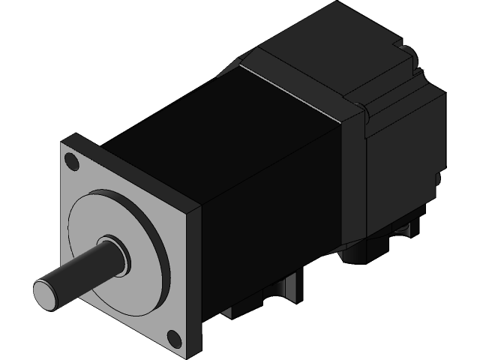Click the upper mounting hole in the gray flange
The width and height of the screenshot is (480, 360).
click(x=72, y=160)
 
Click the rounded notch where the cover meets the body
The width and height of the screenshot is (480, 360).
click(x=366, y=112)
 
